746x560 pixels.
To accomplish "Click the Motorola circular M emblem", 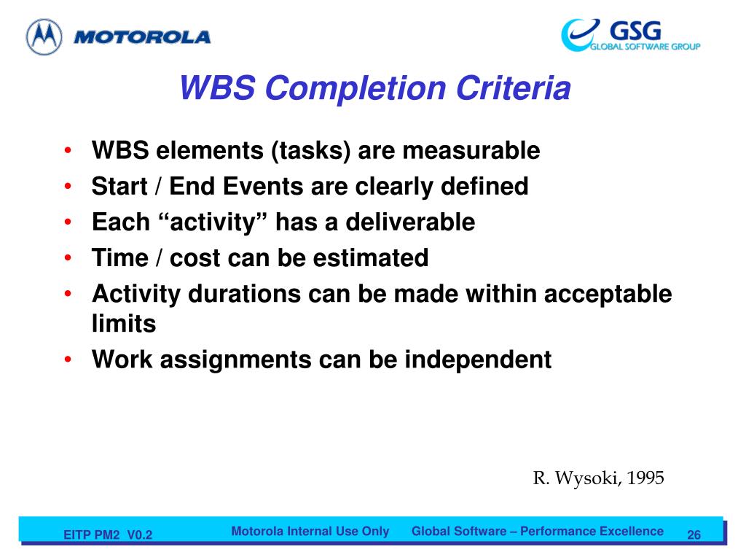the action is pos(44,36).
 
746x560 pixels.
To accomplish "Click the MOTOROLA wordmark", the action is pos(142,37).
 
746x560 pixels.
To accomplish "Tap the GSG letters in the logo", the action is pos(635,31).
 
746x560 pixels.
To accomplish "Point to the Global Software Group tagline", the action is pos(645,47).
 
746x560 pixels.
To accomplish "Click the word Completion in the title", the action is pos(356,88).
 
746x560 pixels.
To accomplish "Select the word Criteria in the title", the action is pos(514,87).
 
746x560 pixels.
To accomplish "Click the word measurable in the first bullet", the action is pos(471,150).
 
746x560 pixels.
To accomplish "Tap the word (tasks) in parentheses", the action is pos(310,151).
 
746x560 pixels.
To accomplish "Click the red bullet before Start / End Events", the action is pos(68,186).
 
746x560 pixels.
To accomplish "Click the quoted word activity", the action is pos(212,222).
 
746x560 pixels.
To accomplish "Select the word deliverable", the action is pos(410,222).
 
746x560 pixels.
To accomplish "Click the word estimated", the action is pos(371,258).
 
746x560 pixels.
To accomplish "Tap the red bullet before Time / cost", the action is pos(68,258).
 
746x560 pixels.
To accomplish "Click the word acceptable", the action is pos(608,295).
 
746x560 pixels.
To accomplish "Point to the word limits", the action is pos(124,324).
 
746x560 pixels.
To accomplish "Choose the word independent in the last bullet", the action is pos(478,359).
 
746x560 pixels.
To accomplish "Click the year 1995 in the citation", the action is pos(645,478).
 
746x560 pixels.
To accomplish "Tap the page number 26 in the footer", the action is pos(694,534).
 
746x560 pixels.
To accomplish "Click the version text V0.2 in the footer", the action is pos(140,534).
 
